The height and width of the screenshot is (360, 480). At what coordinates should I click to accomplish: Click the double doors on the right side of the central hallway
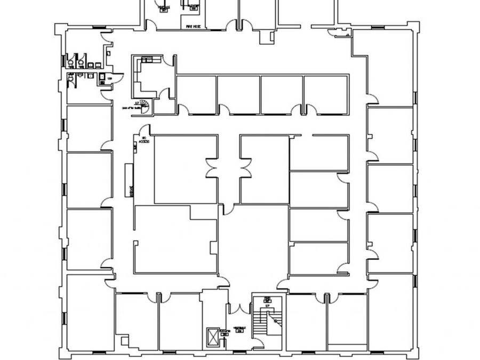click(246, 169)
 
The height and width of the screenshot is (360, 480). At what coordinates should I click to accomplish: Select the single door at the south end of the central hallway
click(228, 209)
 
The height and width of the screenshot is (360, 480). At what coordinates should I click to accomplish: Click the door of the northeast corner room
click(372, 98)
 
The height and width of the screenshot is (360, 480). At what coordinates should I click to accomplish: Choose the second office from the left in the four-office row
click(238, 94)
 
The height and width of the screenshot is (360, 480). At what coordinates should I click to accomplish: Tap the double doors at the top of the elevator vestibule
click(239, 308)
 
